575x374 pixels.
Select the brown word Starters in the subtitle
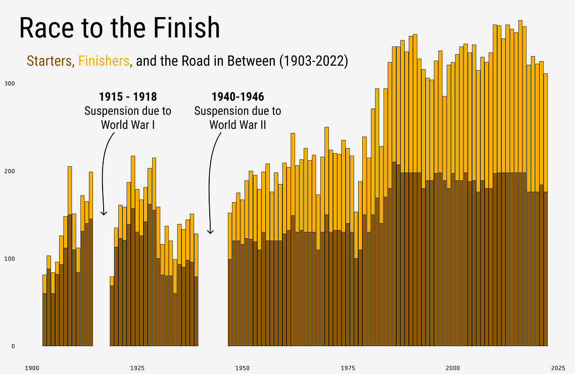tap(50, 61)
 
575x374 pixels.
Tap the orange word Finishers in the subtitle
tap(104, 61)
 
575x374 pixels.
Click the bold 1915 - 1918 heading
tap(127, 97)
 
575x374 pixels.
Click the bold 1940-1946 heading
tap(237, 97)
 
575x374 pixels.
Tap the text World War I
tap(127, 124)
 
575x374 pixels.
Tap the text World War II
tap(237, 124)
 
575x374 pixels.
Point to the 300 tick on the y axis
tap(10, 83)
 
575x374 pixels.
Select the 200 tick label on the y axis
tap(10, 171)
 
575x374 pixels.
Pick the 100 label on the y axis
tap(10, 259)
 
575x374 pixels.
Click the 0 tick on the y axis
tap(13, 347)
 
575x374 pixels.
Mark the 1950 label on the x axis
tap(243, 367)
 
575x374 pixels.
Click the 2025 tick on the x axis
tap(558, 367)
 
